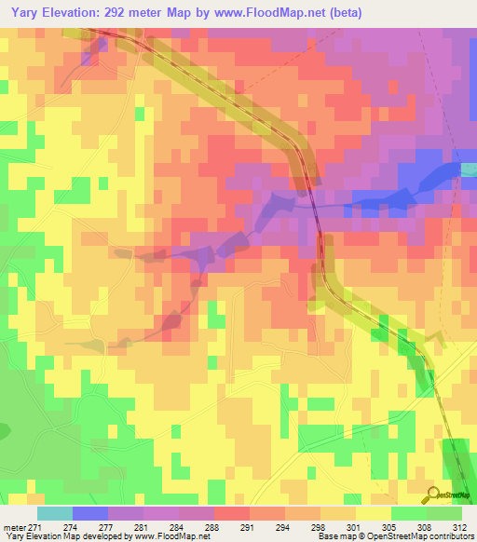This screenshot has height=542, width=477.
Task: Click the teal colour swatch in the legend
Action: (x=54, y=513)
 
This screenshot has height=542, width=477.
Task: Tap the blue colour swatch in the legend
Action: (x=89, y=513)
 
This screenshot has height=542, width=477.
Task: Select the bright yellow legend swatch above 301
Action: (x=373, y=513)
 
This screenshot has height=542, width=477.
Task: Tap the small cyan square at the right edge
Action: (x=469, y=169)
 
